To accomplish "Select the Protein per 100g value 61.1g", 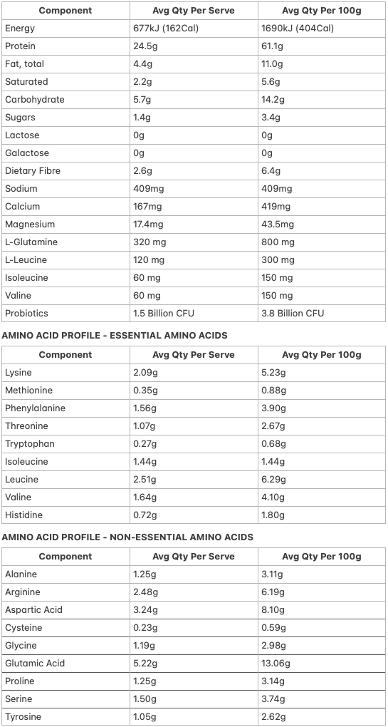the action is [x=273, y=46].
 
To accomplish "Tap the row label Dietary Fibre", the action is [x=33, y=171].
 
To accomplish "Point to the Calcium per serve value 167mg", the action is [x=148, y=207].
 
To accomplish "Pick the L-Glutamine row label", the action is [x=31, y=242].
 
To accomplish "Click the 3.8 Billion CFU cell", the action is [x=293, y=314].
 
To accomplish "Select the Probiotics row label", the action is [x=26, y=314].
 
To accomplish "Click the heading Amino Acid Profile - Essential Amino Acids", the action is [x=115, y=335].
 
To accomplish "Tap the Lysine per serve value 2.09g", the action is [x=146, y=373].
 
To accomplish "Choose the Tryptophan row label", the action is [x=30, y=444].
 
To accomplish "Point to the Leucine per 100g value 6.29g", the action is [x=273, y=480].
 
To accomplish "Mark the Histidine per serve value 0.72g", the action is [x=145, y=515].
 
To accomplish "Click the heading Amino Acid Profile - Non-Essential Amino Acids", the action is [x=127, y=537].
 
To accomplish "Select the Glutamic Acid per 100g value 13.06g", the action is [x=276, y=664].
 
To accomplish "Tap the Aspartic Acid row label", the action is [x=33, y=610].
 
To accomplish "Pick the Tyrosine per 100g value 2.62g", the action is [x=273, y=717].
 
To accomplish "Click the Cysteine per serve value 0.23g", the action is [x=146, y=628].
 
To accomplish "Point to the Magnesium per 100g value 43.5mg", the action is [x=278, y=225].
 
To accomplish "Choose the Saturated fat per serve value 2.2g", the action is [x=142, y=82].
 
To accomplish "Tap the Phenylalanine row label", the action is [x=35, y=408].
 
